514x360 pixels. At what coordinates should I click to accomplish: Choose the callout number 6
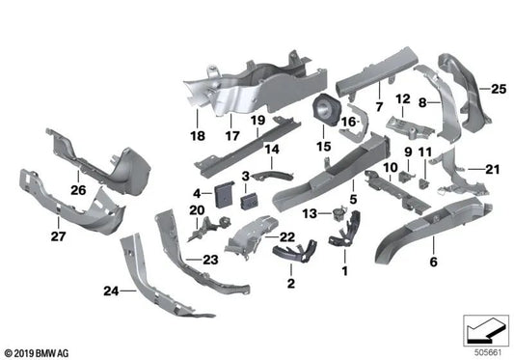(432, 262)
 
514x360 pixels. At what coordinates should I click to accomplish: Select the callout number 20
(197, 210)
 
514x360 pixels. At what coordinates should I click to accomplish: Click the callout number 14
(272, 150)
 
